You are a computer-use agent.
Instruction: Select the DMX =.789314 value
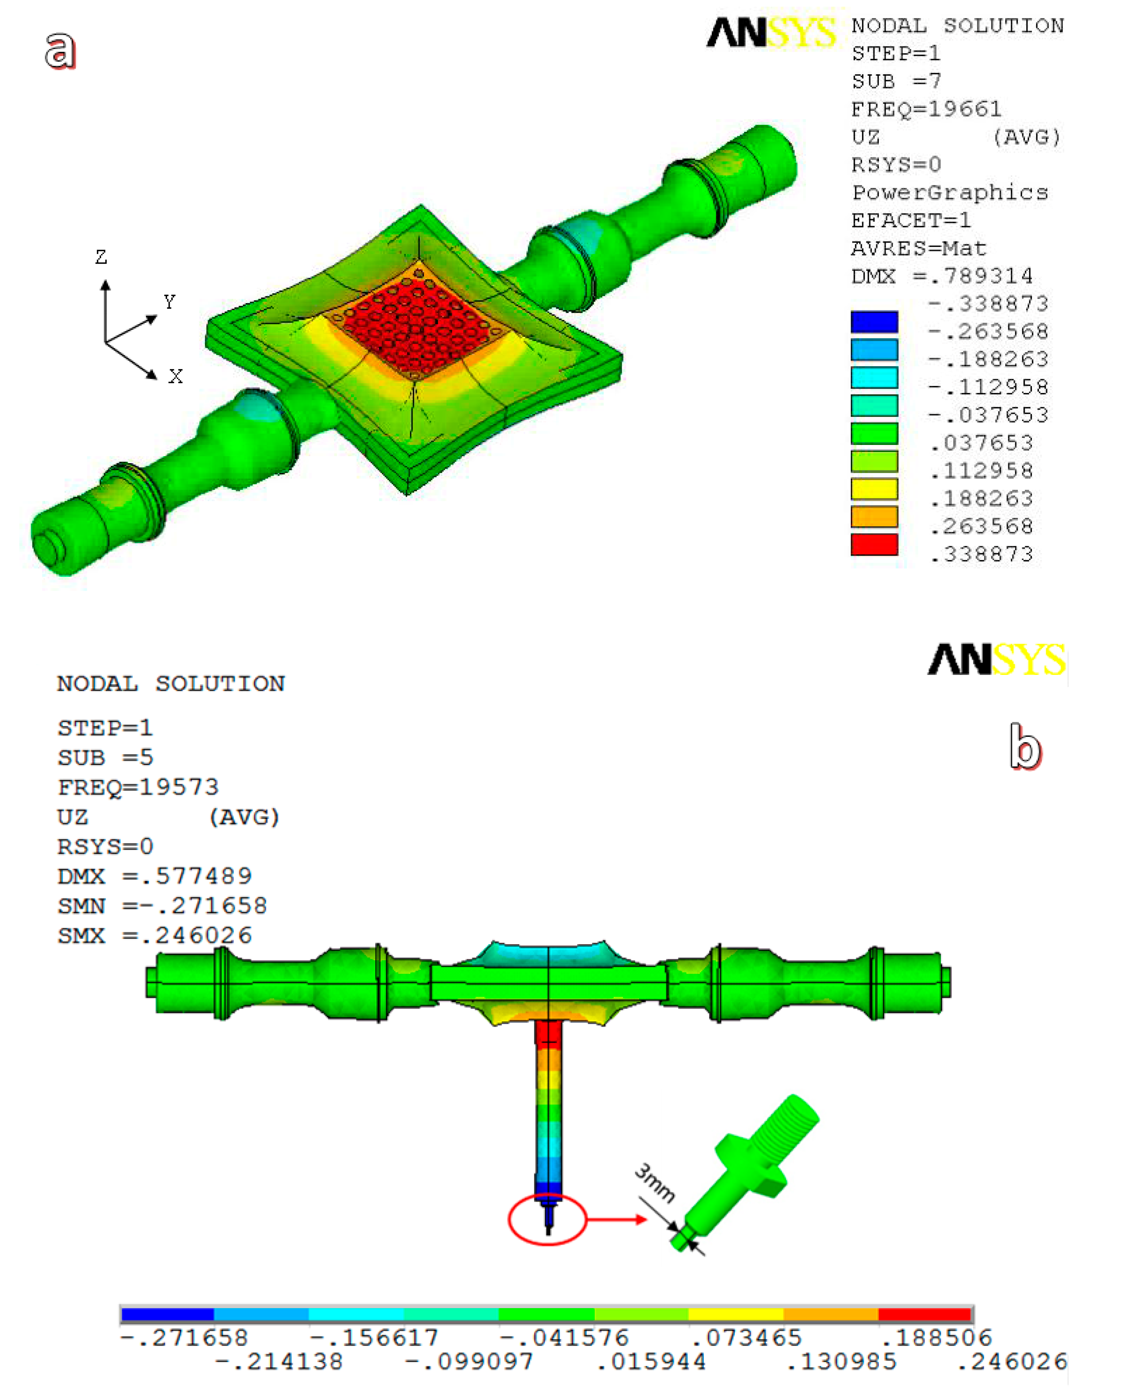pos(942,276)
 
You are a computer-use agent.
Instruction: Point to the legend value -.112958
pos(988,387)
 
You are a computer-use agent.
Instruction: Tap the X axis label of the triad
pos(175,377)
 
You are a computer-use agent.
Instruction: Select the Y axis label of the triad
pos(169,302)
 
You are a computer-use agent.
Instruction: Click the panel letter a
pos(60,51)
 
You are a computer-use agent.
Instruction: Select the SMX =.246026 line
pos(155,935)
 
